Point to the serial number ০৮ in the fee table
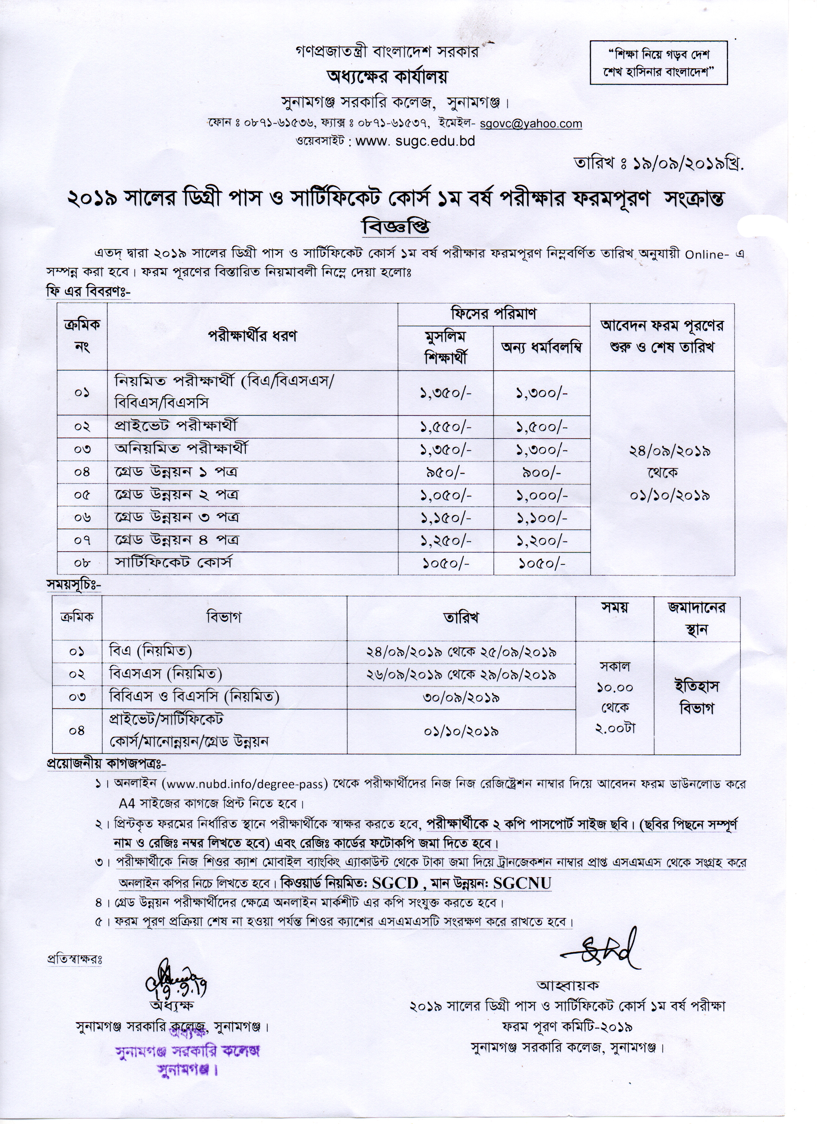(x=82, y=563)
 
